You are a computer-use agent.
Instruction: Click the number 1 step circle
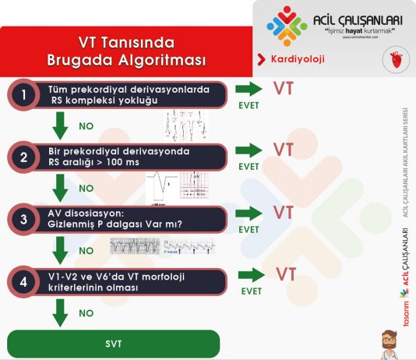pyautogui.click(x=24, y=95)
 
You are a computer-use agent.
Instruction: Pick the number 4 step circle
pyautogui.click(x=24, y=281)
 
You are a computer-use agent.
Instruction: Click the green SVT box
pyautogui.click(x=114, y=344)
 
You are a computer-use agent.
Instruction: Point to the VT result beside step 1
pyautogui.click(x=284, y=87)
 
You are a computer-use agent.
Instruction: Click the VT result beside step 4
pyautogui.click(x=286, y=274)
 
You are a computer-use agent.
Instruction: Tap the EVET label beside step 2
pyautogui.click(x=249, y=167)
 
